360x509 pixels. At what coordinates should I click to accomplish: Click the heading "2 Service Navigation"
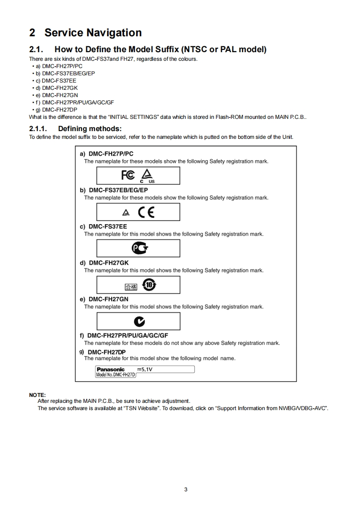point(85,33)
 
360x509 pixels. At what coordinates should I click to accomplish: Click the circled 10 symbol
point(149,285)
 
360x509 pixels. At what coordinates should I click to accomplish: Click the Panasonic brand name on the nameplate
point(110,369)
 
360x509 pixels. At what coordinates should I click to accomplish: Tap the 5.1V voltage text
point(144,369)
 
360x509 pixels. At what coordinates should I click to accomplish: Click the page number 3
point(186,489)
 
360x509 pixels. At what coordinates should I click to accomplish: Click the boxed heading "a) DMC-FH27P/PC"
point(107,154)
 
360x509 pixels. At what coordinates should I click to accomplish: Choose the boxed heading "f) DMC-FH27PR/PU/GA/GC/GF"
point(124,336)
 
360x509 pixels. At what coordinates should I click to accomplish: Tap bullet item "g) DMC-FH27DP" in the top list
point(59,110)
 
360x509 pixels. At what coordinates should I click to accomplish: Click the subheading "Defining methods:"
point(89,129)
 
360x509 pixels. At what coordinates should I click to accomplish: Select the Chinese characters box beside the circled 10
point(130,287)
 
